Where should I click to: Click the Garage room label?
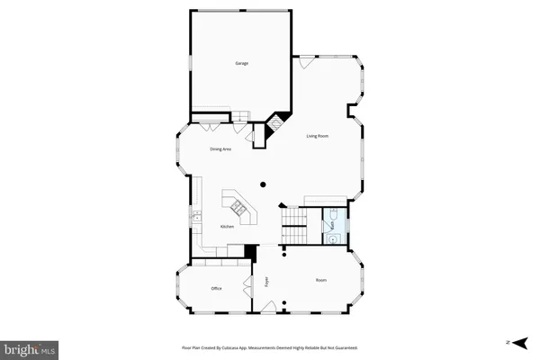click(242, 64)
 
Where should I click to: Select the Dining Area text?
click(221, 148)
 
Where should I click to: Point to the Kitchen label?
click(228, 228)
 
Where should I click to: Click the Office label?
click(216, 288)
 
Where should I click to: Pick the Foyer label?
click(267, 281)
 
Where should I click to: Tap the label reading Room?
click(321, 281)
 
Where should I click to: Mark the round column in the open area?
click(263, 184)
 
